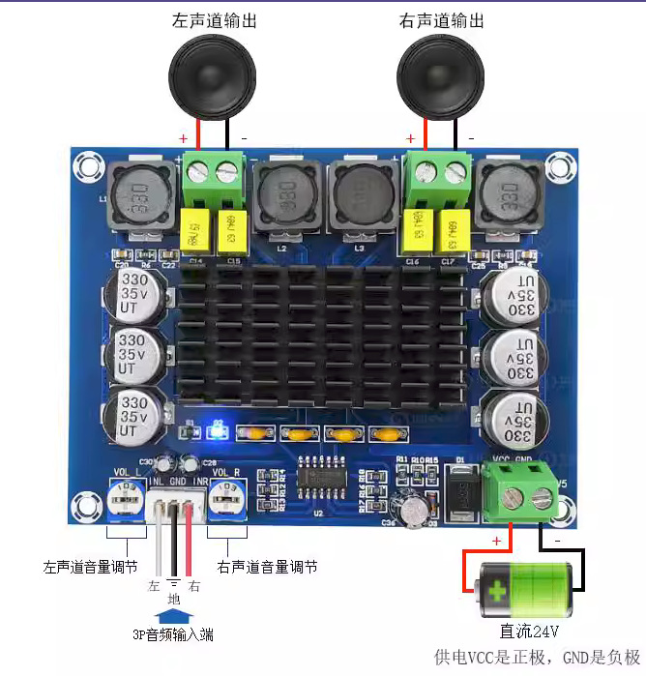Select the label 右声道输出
coord(442,20)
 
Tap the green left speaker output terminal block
coord(214,175)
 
